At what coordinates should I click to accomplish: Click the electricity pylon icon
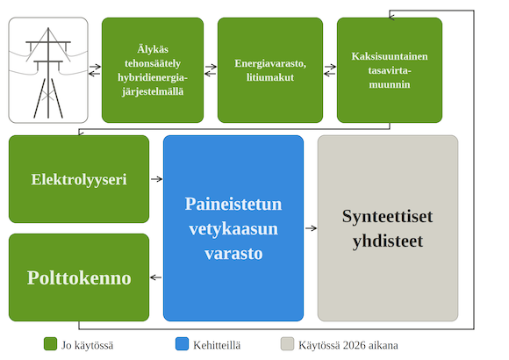(48, 70)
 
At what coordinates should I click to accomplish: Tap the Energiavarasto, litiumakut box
(270, 70)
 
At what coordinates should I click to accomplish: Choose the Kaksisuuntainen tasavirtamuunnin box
(389, 70)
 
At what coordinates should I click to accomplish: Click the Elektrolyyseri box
(79, 179)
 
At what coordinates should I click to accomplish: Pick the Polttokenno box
(79, 277)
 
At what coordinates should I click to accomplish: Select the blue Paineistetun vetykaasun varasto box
(233, 228)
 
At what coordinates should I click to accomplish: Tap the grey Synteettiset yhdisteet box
(387, 228)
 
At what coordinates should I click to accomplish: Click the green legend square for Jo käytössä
(51, 344)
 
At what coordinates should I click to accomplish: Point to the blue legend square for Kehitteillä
(183, 344)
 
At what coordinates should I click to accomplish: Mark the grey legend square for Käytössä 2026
(287, 344)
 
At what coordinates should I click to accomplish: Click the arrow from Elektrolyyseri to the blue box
(156, 179)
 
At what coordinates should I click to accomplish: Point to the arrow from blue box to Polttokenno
(156, 278)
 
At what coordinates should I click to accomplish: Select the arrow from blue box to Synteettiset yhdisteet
(311, 228)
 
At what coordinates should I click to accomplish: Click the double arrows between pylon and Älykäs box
(95, 70)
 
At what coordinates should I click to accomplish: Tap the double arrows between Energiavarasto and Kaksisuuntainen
(330, 70)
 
